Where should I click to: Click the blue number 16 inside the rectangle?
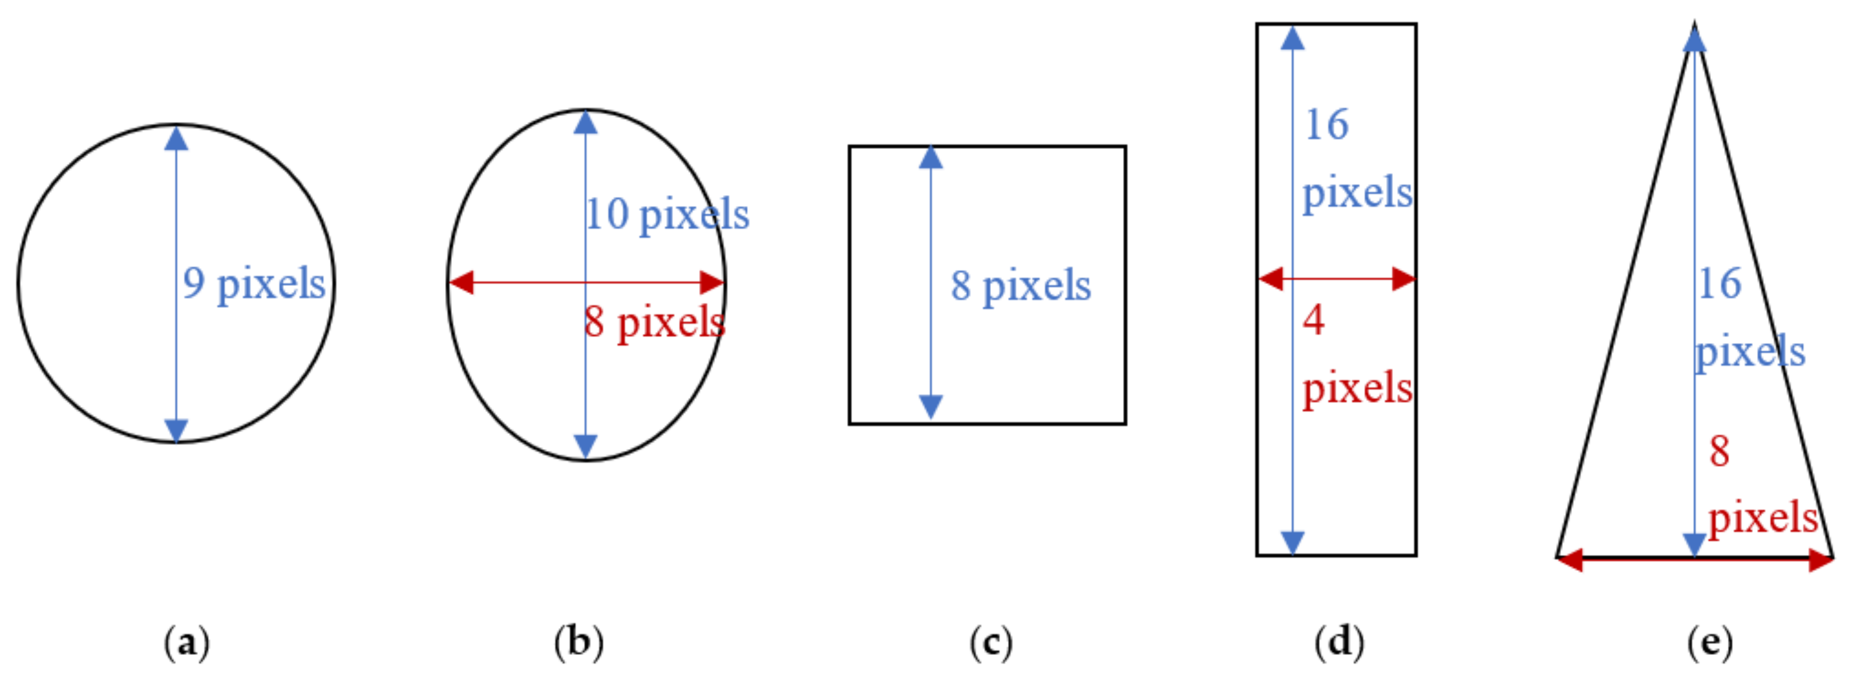[1327, 125]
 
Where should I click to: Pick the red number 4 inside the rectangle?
[1314, 320]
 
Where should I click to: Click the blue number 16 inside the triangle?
[1720, 283]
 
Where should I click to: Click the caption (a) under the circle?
[186, 642]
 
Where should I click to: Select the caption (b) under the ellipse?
[579, 642]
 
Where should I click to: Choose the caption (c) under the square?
[990, 642]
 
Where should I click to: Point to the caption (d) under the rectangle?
[1339, 642]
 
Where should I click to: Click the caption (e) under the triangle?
[1709, 642]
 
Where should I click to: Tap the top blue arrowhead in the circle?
[176, 138]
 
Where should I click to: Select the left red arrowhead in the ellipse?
[462, 283]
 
